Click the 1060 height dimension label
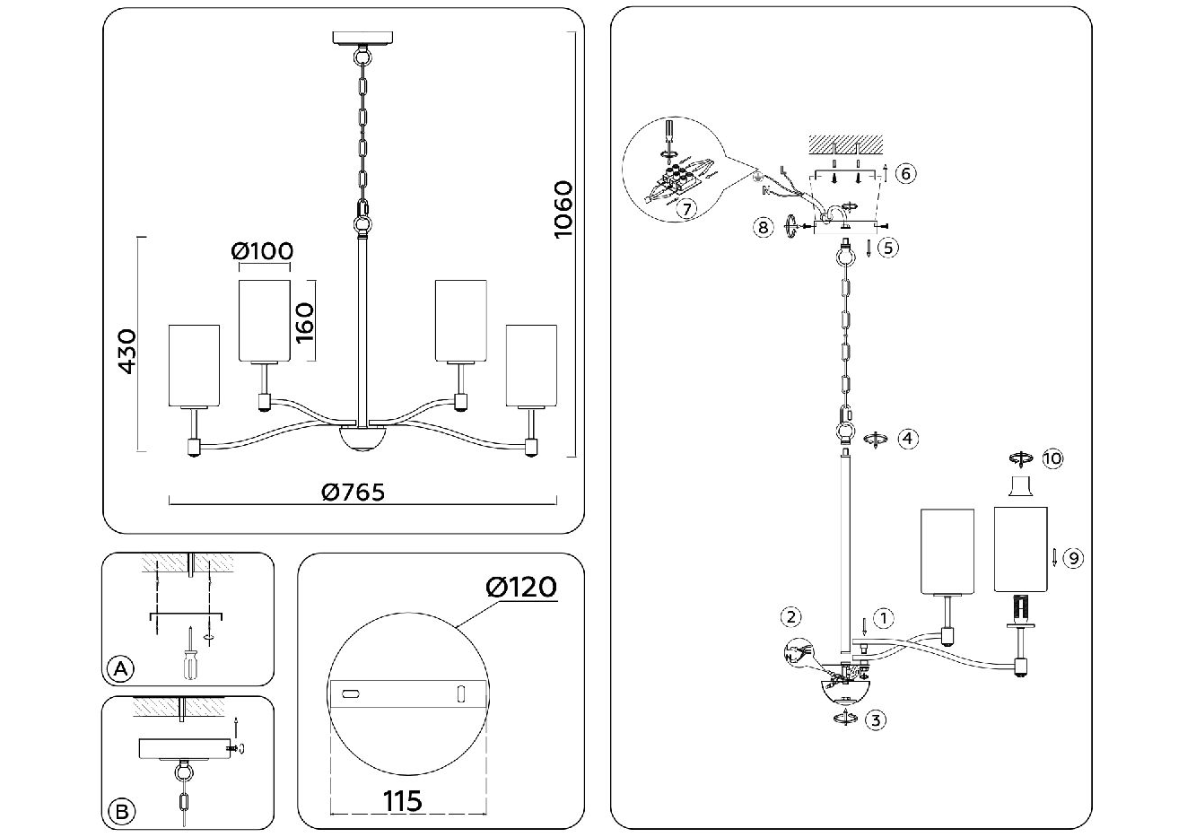(x=563, y=210)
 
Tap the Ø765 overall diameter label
(x=353, y=493)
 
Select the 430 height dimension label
(x=127, y=352)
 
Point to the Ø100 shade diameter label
(x=263, y=251)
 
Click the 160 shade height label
(x=304, y=324)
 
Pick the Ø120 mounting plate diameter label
(x=521, y=588)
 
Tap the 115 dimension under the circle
(x=403, y=801)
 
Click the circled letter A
(x=120, y=668)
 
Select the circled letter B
(x=122, y=812)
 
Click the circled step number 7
(x=686, y=209)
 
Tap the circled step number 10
(x=1052, y=458)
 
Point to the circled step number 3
(x=876, y=720)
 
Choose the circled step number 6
(x=905, y=173)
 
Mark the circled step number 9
(x=1073, y=558)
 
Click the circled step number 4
(x=908, y=439)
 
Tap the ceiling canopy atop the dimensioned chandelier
(x=362, y=38)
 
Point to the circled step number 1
(x=883, y=618)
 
